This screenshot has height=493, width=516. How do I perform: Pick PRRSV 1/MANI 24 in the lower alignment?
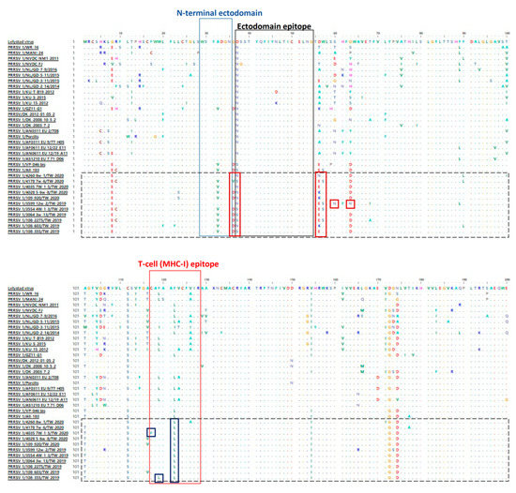coord(24,295)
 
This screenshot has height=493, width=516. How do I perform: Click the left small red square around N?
coord(334,203)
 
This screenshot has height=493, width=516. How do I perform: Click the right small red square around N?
coord(351,203)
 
